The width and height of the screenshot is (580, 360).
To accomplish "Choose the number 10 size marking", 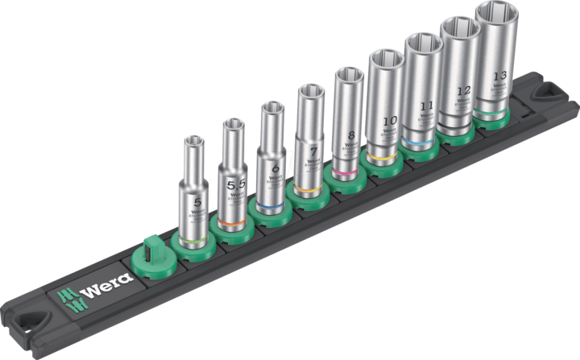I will click(x=387, y=120).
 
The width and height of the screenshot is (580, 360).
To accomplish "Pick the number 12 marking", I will click(x=462, y=91).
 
